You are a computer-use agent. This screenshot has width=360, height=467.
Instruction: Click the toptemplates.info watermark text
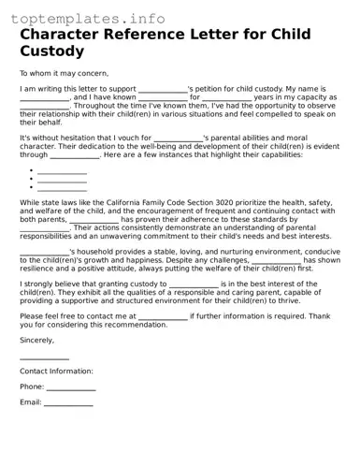pyautogui.click(x=83, y=18)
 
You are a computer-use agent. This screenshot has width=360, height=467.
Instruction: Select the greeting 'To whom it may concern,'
pyautogui.click(x=64, y=73)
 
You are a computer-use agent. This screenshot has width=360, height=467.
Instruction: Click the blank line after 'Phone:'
pyautogui.click(x=71, y=387)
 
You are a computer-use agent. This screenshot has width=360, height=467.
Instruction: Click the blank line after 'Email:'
pyautogui.click(x=68, y=403)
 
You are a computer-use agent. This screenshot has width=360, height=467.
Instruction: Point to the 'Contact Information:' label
pyautogui.click(x=56, y=372)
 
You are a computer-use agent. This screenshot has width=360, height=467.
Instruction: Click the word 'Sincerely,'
pyautogui.click(x=36, y=341)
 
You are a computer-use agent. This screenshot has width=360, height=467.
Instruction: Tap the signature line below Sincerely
pyautogui.click(x=44, y=357)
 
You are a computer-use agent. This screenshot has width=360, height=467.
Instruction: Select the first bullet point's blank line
pyautogui.click(x=62, y=171)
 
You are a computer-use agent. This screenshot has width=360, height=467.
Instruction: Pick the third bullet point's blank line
pyautogui.click(x=62, y=188)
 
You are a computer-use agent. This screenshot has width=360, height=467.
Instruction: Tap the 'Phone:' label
pyautogui.click(x=32, y=387)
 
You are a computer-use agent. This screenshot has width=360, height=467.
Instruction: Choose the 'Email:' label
pyautogui.click(x=31, y=403)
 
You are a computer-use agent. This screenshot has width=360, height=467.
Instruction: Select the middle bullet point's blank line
pyautogui.click(x=62, y=180)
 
